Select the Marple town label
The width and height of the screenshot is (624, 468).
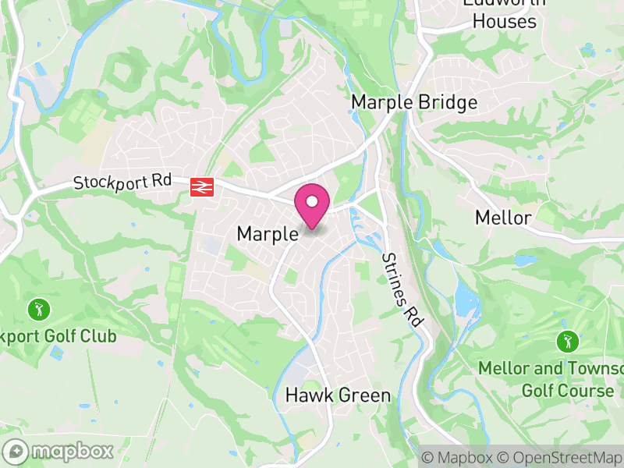[x=268, y=234]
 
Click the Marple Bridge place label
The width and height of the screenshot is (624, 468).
[x=414, y=102]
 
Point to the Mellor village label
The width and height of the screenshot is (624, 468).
[x=503, y=218]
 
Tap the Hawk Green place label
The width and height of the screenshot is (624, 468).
[x=338, y=395]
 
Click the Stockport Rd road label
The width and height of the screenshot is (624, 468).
[x=122, y=182]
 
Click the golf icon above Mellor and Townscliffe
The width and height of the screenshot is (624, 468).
[x=567, y=341]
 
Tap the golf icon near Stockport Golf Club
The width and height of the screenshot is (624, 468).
[x=37, y=310]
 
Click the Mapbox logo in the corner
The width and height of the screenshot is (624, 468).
[x=59, y=451]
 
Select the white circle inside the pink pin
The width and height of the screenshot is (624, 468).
[x=312, y=202]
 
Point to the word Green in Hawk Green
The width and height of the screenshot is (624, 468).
[x=364, y=395]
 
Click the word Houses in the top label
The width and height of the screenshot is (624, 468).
[x=505, y=21]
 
